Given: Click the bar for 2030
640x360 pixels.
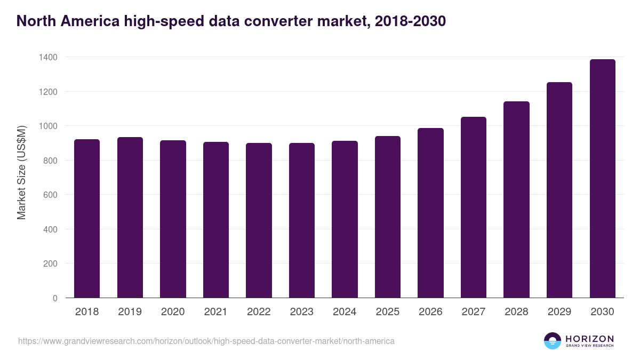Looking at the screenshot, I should (x=602, y=179).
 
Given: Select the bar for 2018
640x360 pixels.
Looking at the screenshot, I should (x=87, y=219).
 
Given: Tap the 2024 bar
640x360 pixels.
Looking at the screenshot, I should (x=345, y=219).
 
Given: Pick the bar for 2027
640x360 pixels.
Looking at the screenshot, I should (x=474, y=207).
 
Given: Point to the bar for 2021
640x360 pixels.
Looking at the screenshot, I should (x=216, y=220).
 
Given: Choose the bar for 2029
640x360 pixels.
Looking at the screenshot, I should (x=559, y=190).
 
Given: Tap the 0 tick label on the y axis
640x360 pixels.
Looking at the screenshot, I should (x=55, y=298).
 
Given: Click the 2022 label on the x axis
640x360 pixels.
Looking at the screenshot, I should (x=259, y=312).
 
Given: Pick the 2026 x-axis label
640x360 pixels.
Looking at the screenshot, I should (x=430, y=312).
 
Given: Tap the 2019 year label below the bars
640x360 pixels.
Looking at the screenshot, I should (x=130, y=312).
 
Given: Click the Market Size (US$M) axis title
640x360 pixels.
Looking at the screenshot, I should (x=21, y=172).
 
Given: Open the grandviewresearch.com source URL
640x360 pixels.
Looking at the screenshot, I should (x=206, y=341).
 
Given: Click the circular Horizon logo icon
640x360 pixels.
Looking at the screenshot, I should (x=553, y=341).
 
